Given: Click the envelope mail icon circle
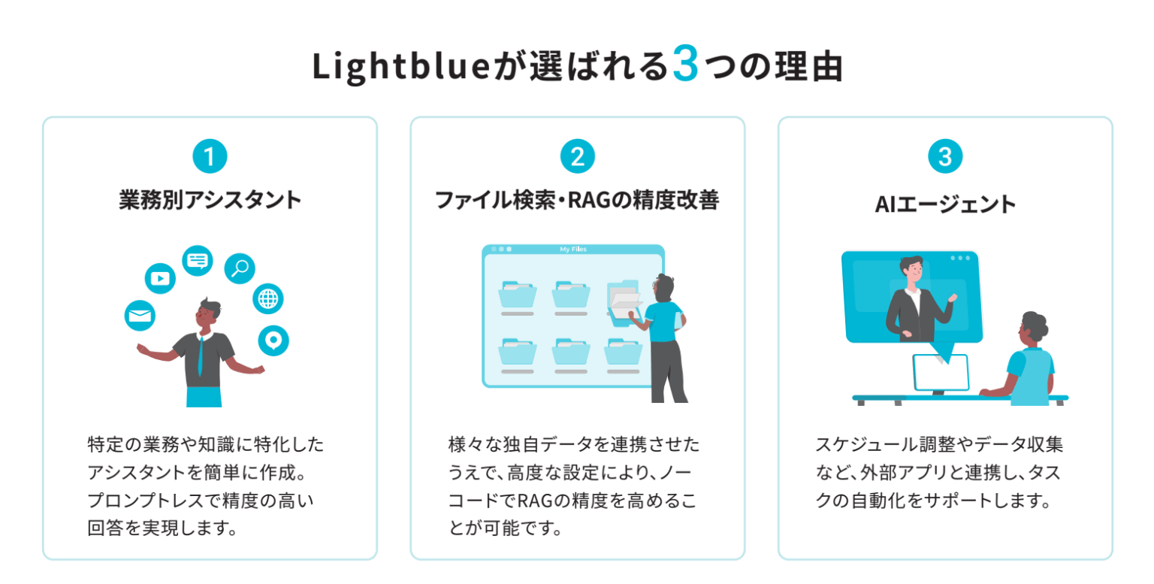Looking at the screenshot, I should [x=140, y=316].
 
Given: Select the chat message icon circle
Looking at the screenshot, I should [x=198, y=260].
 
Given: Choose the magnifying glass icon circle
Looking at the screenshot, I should [x=240, y=268].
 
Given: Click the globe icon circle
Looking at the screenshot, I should [x=267, y=299].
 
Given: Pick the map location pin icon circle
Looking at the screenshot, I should [x=273, y=340].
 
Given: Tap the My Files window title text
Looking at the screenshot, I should [x=573, y=250].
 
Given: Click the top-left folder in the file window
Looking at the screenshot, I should [x=518, y=295].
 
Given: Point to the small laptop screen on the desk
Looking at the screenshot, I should [x=940, y=373].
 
